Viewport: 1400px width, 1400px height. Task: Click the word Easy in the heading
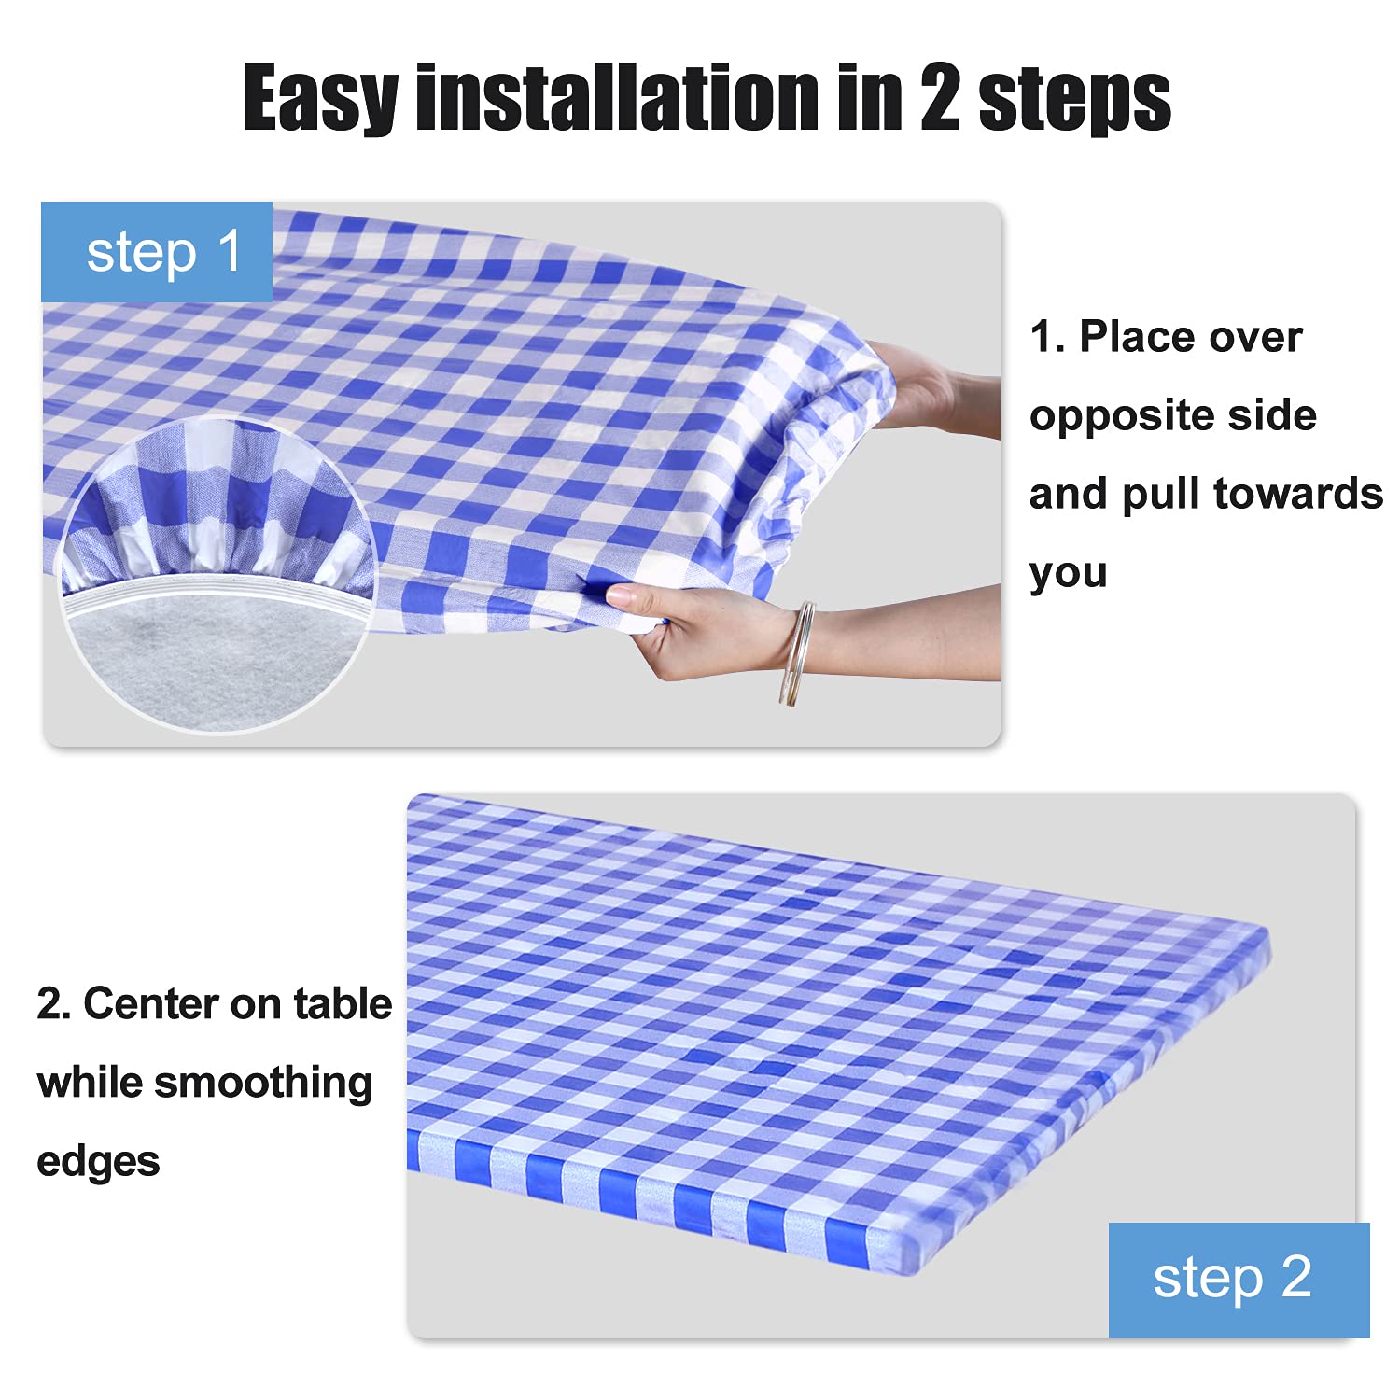pos(320,98)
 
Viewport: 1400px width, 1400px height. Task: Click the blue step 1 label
pos(157,252)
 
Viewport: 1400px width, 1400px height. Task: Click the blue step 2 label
pos(1239,1280)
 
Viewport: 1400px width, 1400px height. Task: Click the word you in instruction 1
pos(1069,574)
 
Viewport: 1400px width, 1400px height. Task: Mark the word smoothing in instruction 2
pos(263,1085)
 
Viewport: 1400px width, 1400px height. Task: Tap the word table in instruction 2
pos(343,1004)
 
